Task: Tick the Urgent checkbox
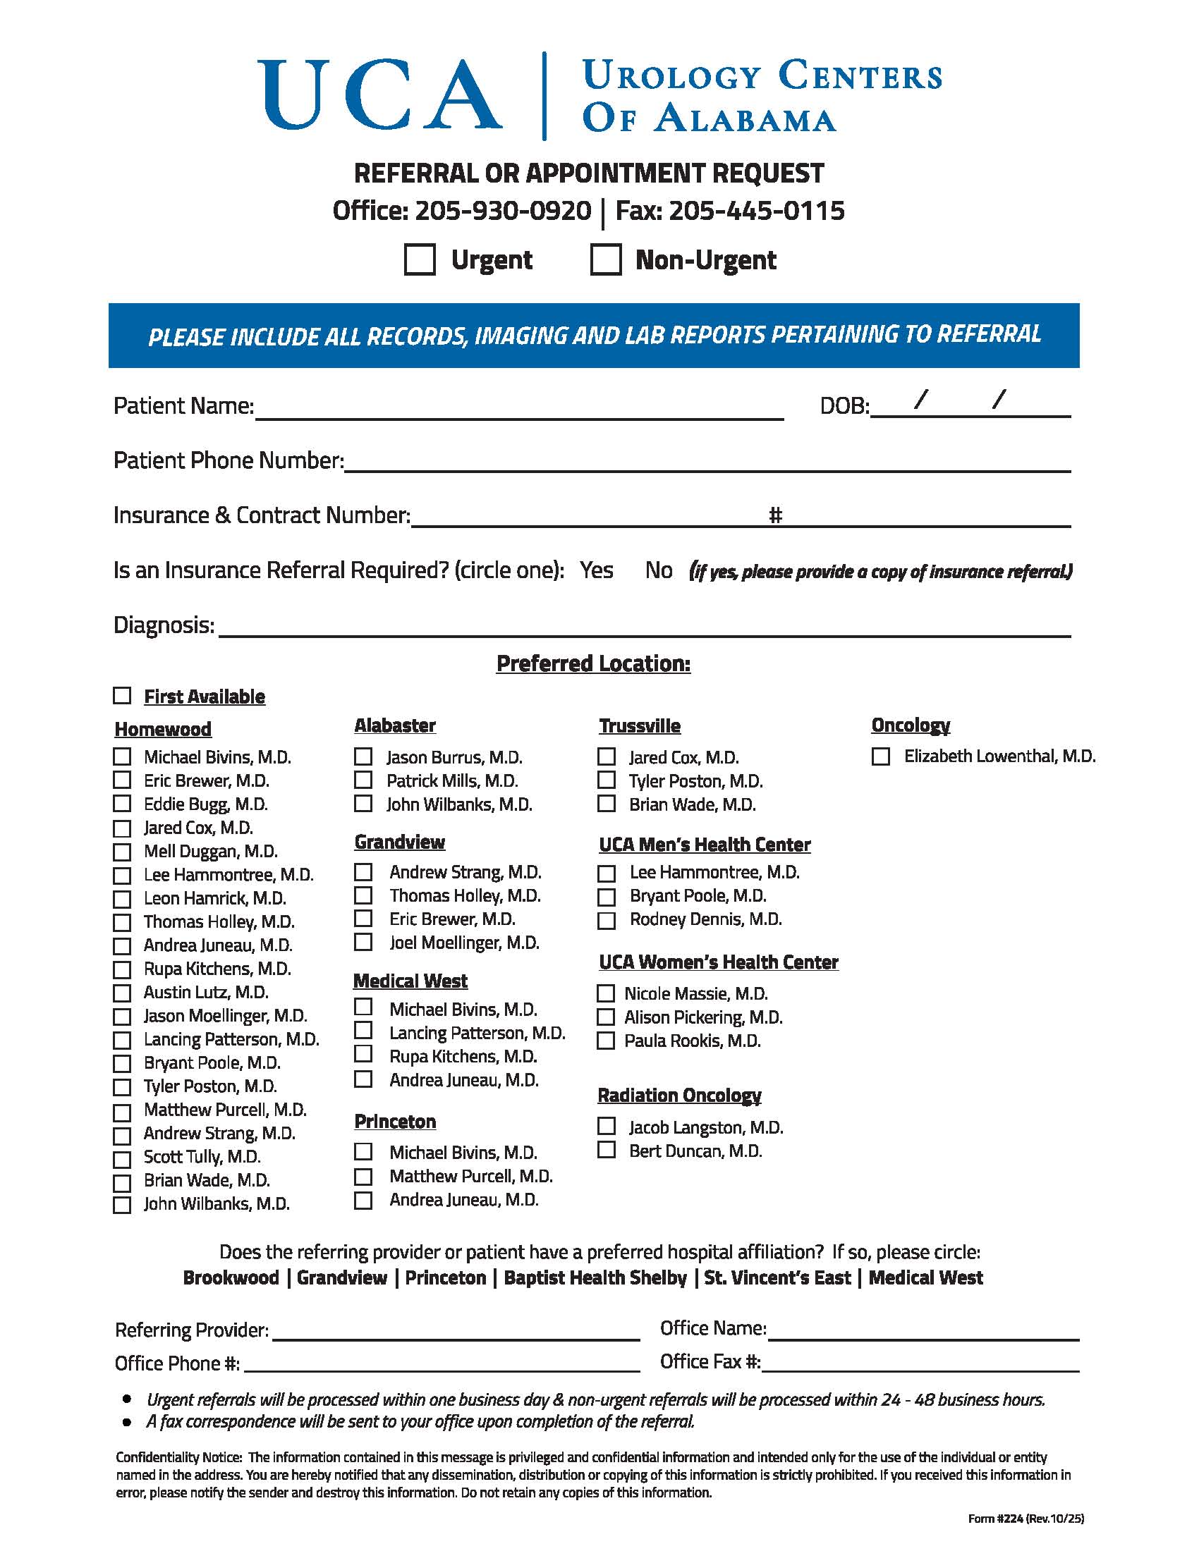(x=419, y=259)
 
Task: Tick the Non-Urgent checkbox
(x=606, y=259)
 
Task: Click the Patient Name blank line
(x=518, y=408)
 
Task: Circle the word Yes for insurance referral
(x=596, y=570)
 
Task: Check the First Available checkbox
(x=122, y=695)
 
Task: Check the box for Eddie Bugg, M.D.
(x=122, y=804)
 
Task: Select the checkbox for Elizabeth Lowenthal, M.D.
(x=881, y=756)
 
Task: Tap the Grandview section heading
(x=399, y=842)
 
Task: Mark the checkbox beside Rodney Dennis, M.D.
(x=606, y=920)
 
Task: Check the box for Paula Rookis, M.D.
(x=606, y=1041)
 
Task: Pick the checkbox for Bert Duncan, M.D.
(x=606, y=1150)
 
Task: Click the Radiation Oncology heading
(x=679, y=1096)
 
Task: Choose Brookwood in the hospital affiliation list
(x=231, y=1277)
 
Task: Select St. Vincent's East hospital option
(x=777, y=1277)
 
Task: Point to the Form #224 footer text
(x=1025, y=1519)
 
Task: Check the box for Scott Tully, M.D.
(x=122, y=1159)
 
